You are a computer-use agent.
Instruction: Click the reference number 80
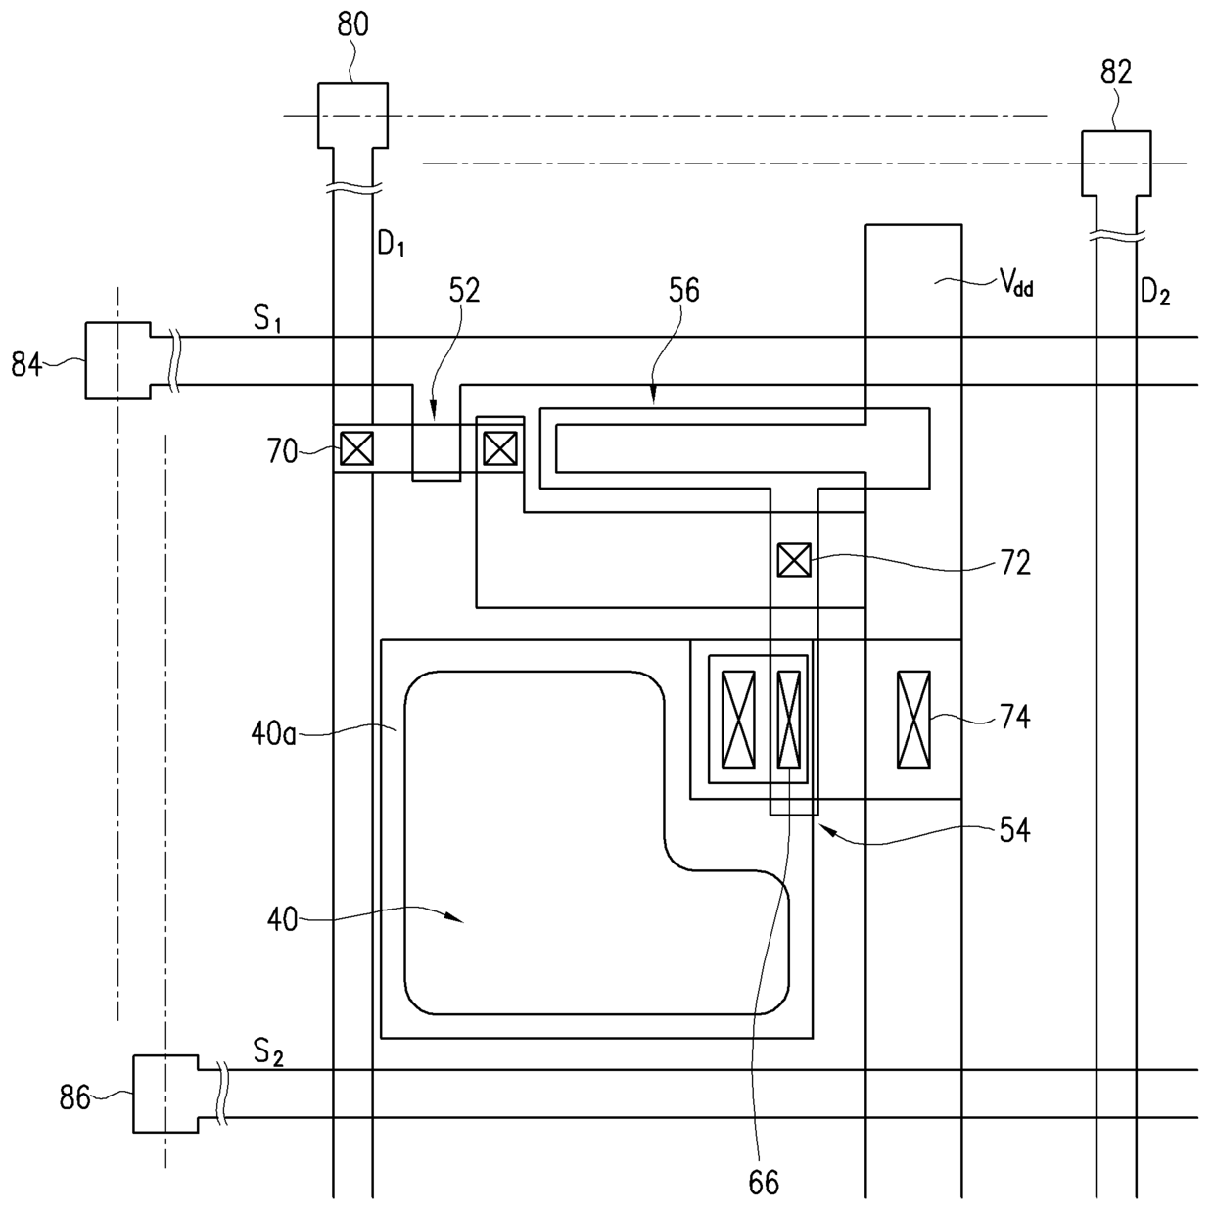[x=352, y=25]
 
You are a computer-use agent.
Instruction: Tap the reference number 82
[x=1116, y=72]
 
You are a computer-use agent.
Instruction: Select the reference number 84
[x=26, y=364]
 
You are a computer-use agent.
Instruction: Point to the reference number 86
[x=74, y=1097]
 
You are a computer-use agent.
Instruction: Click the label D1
[x=391, y=243]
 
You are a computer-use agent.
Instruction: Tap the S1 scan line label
[x=267, y=319]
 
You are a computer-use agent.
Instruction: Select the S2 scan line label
[x=267, y=1052]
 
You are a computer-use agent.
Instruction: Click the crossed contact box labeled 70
[x=356, y=448]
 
